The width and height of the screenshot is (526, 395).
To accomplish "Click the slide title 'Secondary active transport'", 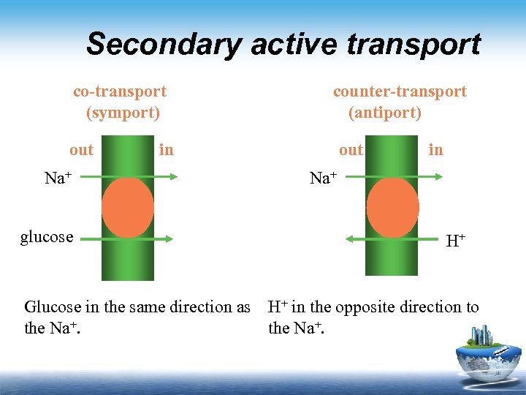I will [283, 44].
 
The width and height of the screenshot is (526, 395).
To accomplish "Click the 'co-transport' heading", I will [120, 91].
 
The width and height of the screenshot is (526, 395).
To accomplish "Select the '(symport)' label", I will [123, 113].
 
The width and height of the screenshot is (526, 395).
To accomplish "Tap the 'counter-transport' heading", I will [400, 91].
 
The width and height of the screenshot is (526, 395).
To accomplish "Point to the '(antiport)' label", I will [385, 113].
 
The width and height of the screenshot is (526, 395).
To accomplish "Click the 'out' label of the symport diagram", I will [82, 150].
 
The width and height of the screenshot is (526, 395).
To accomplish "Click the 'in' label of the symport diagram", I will [167, 150].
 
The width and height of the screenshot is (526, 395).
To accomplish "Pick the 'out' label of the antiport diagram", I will [351, 150].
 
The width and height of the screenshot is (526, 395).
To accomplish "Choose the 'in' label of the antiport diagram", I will [435, 150].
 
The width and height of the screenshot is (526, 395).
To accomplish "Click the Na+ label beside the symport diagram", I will [57, 178].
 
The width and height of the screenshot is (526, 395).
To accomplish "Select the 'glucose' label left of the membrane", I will [47, 236].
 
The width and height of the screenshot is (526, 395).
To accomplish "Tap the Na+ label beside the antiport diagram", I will [323, 178].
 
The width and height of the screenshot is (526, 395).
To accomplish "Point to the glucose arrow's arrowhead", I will [169, 238].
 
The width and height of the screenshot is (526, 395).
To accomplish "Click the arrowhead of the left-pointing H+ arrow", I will [348, 238].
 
